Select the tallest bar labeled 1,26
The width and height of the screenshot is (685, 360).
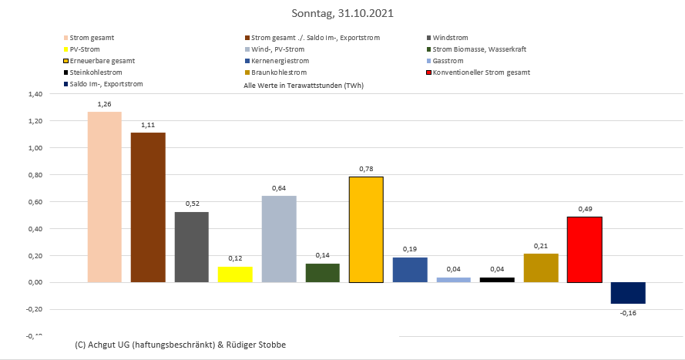click(105, 197)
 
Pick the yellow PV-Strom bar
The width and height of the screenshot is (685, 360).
click(235, 274)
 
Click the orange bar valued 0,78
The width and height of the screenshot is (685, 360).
click(366, 229)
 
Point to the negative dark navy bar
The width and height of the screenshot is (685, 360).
click(628, 293)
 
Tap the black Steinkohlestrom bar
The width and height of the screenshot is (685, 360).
click(497, 279)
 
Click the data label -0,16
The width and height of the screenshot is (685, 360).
click(628, 312)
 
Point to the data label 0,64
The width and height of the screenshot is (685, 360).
click(279, 187)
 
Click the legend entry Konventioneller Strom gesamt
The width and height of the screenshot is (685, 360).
click(482, 72)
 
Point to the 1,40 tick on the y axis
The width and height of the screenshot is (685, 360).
click(34, 94)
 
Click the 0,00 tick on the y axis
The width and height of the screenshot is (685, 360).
click(34, 282)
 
